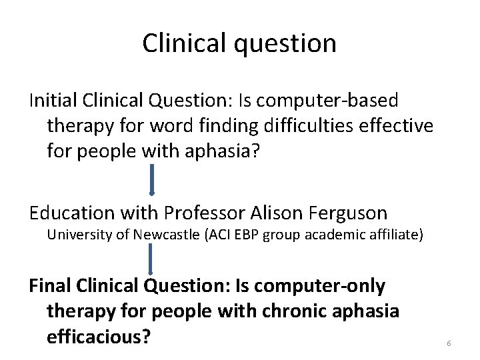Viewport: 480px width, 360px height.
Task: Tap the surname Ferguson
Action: [x=348, y=213]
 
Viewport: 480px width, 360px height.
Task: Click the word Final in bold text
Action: [x=49, y=286]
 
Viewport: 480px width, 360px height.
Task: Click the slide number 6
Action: [x=449, y=343]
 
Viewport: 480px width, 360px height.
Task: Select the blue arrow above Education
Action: [x=153, y=180]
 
